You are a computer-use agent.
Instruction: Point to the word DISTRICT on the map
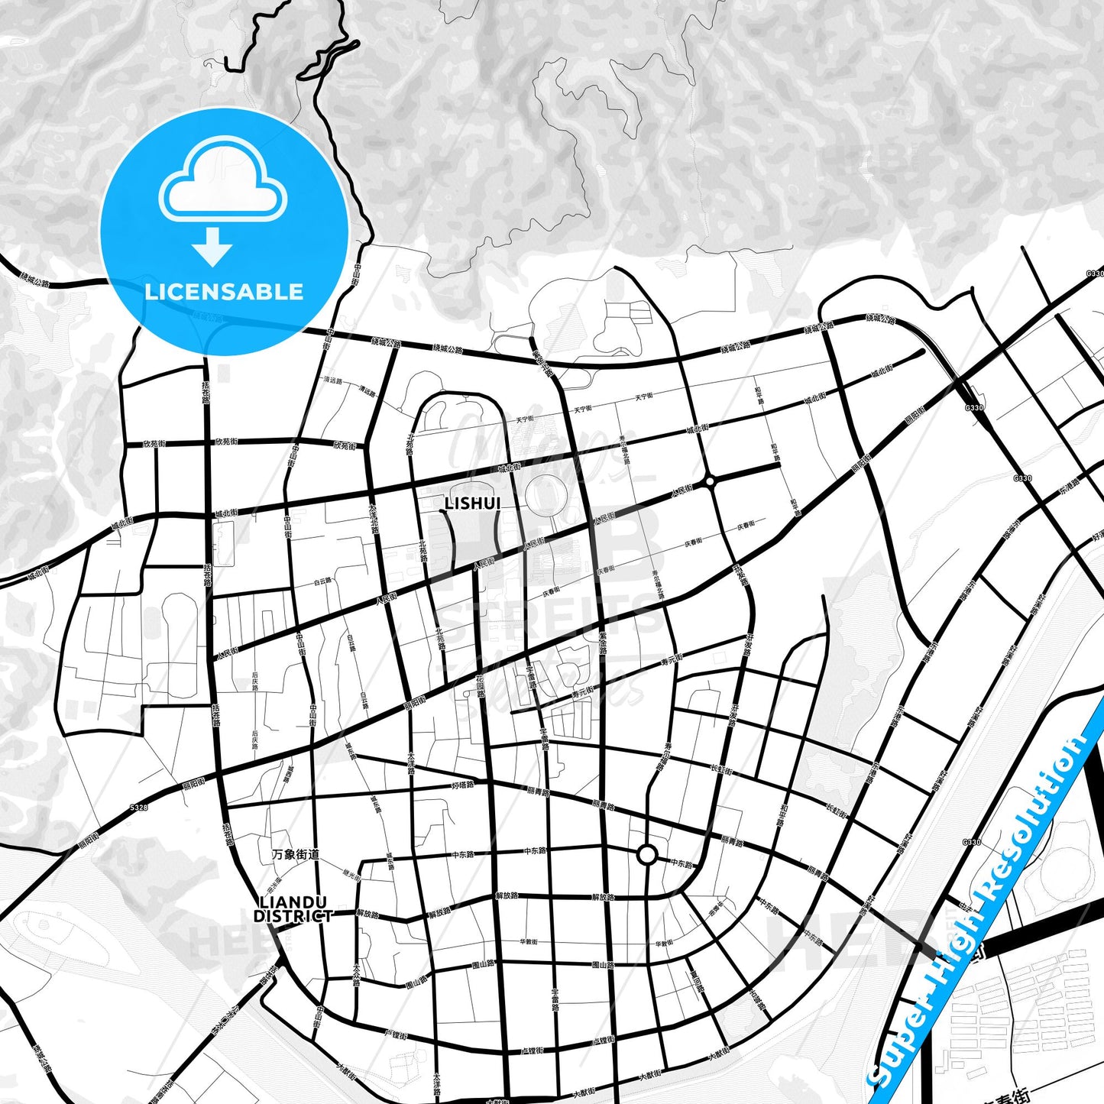point(293,916)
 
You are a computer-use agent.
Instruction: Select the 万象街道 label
point(296,854)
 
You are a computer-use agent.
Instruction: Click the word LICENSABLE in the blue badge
point(224,292)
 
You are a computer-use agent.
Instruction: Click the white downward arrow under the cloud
point(212,246)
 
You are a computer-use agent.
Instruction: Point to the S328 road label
point(138,807)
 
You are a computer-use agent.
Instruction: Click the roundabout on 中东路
point(647,854)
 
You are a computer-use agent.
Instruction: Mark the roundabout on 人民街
point(711,481)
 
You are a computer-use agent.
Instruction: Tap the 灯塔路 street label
point(463,785)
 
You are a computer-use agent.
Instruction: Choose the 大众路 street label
point(357,975)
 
